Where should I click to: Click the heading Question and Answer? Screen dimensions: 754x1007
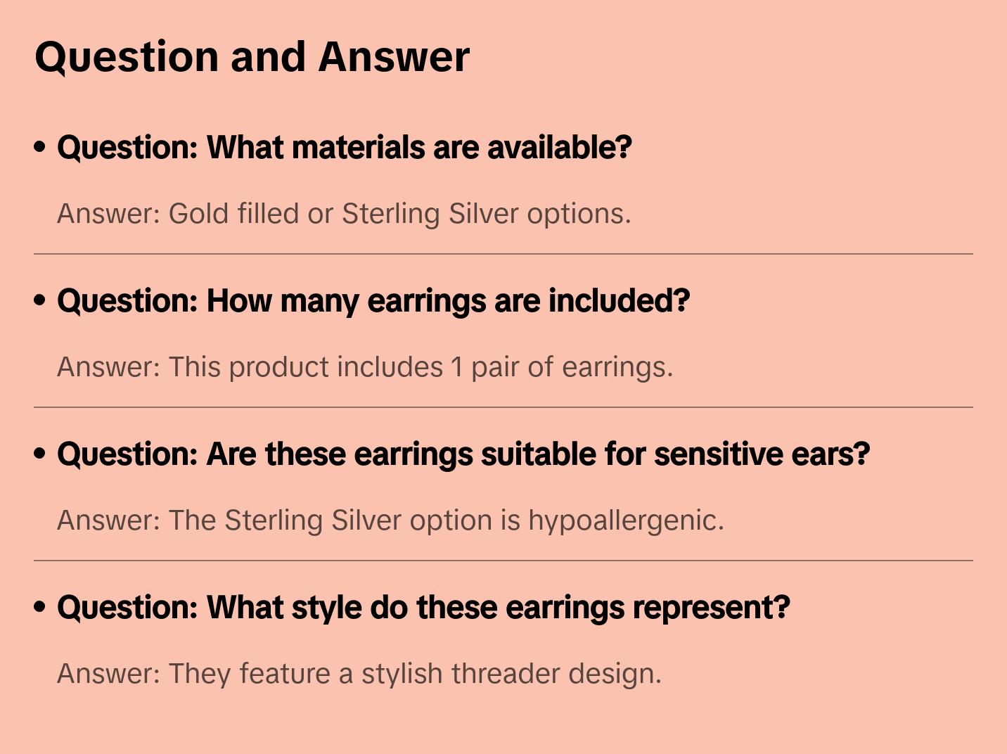tap(252, 57)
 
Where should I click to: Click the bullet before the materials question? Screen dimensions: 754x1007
tap(40, 147)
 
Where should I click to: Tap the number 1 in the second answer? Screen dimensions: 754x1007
tap(457, 367)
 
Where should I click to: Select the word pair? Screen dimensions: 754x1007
tap(495, 367)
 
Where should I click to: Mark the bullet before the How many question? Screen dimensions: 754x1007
tap(40, 300)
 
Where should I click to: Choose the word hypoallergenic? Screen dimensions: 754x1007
tap(626, 521)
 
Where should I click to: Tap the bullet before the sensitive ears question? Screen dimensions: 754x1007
tap(40, 454)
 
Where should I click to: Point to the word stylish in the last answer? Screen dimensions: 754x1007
tap(402, 674)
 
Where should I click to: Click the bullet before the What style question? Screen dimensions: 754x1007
tap(40, 607)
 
